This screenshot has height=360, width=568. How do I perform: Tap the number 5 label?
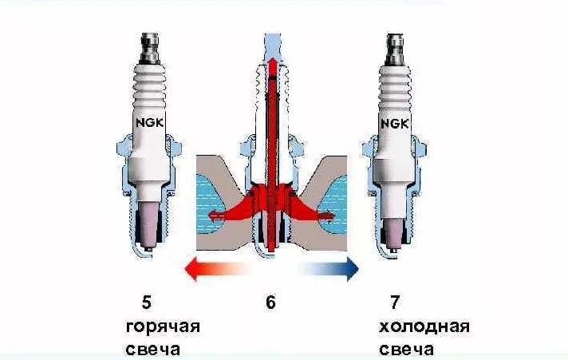tap(145, 303)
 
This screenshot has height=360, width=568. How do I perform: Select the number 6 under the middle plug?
tap(270, 303)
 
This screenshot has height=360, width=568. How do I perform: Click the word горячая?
tap(162, 327)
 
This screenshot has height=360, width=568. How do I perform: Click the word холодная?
tap(423, 327)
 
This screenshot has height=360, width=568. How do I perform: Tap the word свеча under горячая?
tap(152, 350)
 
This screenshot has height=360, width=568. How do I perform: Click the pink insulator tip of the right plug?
tap(392, 227)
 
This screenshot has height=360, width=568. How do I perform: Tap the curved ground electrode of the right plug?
tap(393, 255)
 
